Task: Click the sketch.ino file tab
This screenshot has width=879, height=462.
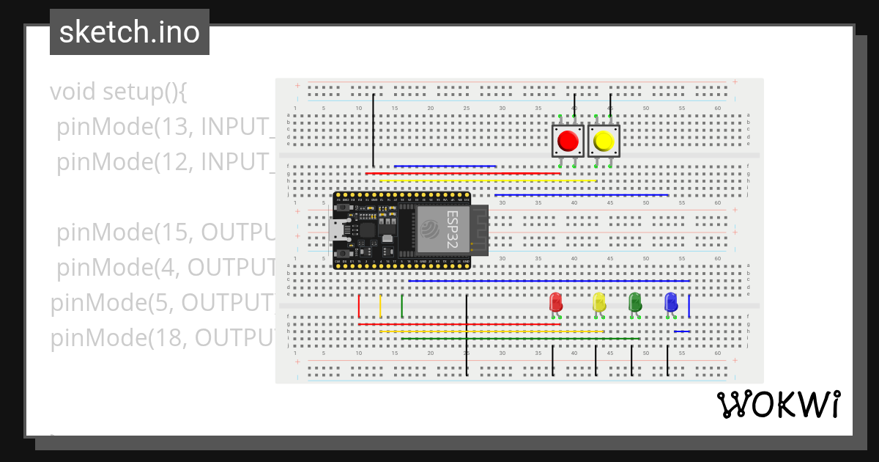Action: pos(130,32)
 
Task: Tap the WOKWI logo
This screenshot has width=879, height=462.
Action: pos(778,404)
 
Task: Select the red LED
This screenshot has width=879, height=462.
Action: pos(556,301)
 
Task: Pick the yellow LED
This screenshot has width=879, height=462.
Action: pos(599,301)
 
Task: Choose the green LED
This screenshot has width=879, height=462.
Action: pos(635,301)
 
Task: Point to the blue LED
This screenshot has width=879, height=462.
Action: pos(671,301)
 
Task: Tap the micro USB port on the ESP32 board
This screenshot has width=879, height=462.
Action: pos(338,230)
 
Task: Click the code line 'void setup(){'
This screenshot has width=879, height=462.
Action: pos(119,92)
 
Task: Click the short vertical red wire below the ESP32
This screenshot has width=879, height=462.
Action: pos(359,306)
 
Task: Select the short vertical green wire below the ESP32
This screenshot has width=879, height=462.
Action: pos(402,306)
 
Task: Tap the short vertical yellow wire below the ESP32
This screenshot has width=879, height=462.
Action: pos(380,306)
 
